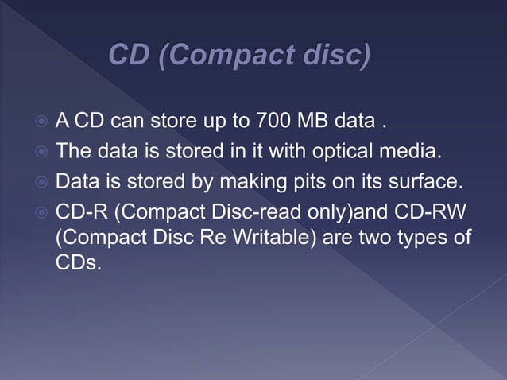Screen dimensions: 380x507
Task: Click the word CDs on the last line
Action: pyautogui.click(x=78, y=262)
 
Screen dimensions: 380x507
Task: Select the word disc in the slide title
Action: pyautogui.click(x=338, y=56)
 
